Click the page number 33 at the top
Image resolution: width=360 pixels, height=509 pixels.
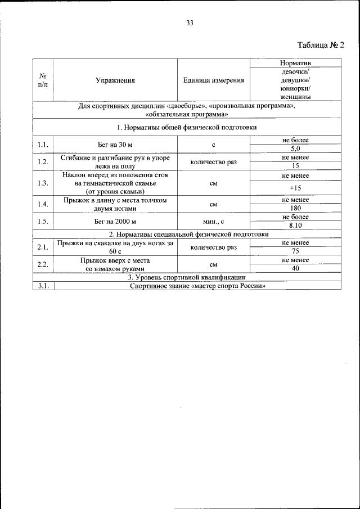click(190, 23)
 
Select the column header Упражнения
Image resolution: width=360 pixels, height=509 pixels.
click(115, 80)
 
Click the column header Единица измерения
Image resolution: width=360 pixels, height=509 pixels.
click(214, 80)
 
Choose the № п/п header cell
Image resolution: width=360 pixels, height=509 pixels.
click(43, 80)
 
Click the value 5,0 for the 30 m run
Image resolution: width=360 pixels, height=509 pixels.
click(295, 148)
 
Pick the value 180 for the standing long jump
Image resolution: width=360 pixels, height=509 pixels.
click(295, 208)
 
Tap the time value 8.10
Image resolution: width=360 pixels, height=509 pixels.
click(295, 226)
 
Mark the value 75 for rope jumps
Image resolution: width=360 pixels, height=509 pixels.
click(295, 251)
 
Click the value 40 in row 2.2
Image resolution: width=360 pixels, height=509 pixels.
click(295, 269)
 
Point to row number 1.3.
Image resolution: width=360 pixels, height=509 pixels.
click(43, 183)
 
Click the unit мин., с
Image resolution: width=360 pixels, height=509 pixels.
click(214, 221)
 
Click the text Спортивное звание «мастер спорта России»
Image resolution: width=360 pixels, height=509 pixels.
click(197, 286)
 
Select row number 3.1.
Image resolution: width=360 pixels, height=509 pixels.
click(43, 286)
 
